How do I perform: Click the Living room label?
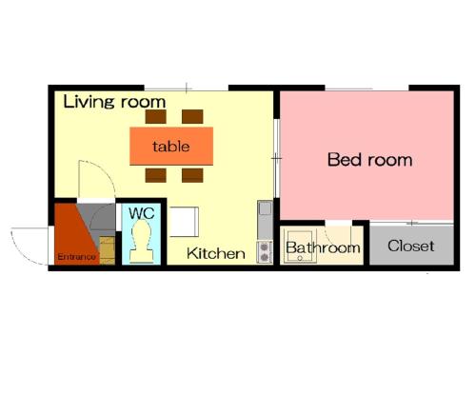tap(114, 102)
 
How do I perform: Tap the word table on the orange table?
tap(171, 147)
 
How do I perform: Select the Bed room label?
tap(370, 159)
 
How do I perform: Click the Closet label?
tap(411, 246)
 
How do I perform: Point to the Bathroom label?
tap(323, 247)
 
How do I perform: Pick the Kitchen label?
tap(216, 253)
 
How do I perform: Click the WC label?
tap(142, 213)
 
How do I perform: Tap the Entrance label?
tap(76, 257)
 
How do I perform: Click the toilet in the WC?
tap(142, 241)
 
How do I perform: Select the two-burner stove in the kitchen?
tap(265, 252)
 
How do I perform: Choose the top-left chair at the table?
tap(156, 116)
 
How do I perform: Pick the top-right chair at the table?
tap(192, 116)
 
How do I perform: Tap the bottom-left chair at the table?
tap(156, 175)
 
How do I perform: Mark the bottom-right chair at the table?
tap(192, 175)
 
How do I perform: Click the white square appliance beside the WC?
tap(185, 222)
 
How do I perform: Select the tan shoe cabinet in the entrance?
tap(108, 250)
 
